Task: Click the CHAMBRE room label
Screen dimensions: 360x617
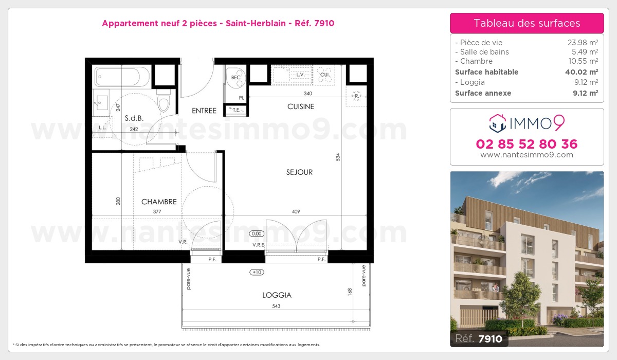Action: pyautogui.click(x=159, y=202)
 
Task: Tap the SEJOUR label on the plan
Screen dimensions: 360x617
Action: pyautogui.click(x=299, y=172)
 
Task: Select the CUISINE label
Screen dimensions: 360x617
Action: pyautogui.click(x=300, y=106)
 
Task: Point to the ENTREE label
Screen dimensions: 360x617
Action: pyautogui.click(x=204, y=111)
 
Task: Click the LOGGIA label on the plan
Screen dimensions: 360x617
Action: pyautogui.click(x=277, y=295)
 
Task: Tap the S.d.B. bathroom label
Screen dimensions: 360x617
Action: pyautogui.click(x=134, y=118)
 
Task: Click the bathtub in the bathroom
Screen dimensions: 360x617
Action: pyautogui.click(x=122, y=77)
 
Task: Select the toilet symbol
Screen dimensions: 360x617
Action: pyautogui.click(x=164, y=102)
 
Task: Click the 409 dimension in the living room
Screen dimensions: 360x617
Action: pyautogui.click(x=296, y=211)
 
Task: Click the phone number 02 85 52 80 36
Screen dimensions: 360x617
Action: pyautogui.click(x=527, y=144)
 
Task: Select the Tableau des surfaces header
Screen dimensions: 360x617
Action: pyautogui.click(x=527, y=23)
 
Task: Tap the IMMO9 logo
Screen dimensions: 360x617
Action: pyautogui.click(x=527, y=122)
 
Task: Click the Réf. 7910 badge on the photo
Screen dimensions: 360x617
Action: pyautogui.click(x=479, y=338)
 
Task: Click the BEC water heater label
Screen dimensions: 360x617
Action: pyautogui.click(x=236, y=78)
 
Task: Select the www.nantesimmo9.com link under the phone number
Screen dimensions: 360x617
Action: pyautogui.click(x=527, y=155)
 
